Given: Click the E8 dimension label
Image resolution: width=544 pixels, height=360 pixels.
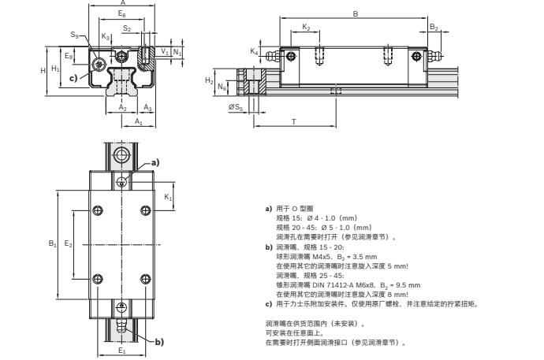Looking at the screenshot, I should point(121,15).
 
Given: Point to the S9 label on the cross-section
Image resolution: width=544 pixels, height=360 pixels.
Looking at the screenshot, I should point(74,35).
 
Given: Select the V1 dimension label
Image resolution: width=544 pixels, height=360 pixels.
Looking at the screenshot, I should point(163,52).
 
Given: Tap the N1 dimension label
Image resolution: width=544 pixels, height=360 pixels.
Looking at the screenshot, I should point(178,52).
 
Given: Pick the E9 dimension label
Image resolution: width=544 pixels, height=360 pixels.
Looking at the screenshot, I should point(69,57).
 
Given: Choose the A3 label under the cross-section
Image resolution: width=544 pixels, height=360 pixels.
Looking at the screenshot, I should point(148,107).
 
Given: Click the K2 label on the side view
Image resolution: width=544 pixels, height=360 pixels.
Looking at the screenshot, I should point(306,27).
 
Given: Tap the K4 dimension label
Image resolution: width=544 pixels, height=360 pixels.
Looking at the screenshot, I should point(254,51).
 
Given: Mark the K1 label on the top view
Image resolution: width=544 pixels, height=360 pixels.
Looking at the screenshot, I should point(168,198).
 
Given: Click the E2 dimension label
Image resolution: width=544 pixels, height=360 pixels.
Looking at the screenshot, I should point(69,243).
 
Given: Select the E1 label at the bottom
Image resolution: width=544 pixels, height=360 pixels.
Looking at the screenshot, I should point(121,351).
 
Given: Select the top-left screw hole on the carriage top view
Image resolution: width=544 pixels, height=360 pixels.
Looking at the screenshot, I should point(98,210).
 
